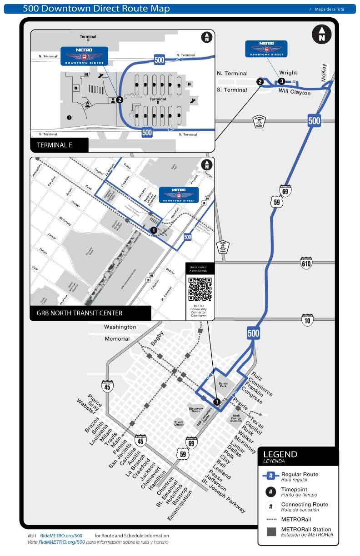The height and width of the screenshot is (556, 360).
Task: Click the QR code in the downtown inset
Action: [x=200, y=289]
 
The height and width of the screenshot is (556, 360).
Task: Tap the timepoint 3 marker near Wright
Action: [x=282, y=81]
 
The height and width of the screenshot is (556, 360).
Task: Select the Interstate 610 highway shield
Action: [x=306, y=263]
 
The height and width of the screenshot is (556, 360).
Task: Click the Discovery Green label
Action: [x=196, y=410]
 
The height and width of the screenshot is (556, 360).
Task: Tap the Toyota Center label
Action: [x=179, y=423]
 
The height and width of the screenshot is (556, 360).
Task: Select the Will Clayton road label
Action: [x=295, y=92]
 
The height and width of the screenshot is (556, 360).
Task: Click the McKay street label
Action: [x=324, y=73]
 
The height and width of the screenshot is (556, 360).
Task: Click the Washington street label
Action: [x=120, y=327]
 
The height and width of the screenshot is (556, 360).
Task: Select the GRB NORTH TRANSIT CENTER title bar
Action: [x=90, y=313]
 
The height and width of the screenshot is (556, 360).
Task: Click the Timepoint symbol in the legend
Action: [x=271, y=491]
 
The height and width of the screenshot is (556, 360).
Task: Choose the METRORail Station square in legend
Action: [x=271, y=531]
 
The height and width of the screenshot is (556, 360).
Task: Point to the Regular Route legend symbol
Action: [x=271, y=476]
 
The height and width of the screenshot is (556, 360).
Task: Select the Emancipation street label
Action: [x=180, y=505]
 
